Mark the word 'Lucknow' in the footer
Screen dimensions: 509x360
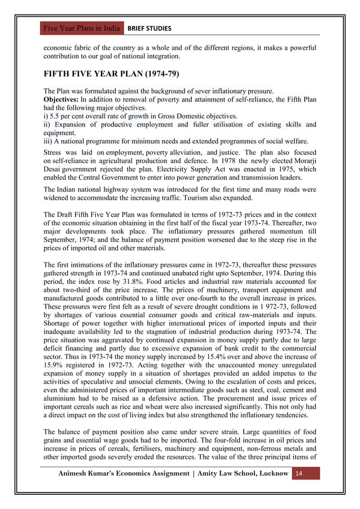coord(269,472)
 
